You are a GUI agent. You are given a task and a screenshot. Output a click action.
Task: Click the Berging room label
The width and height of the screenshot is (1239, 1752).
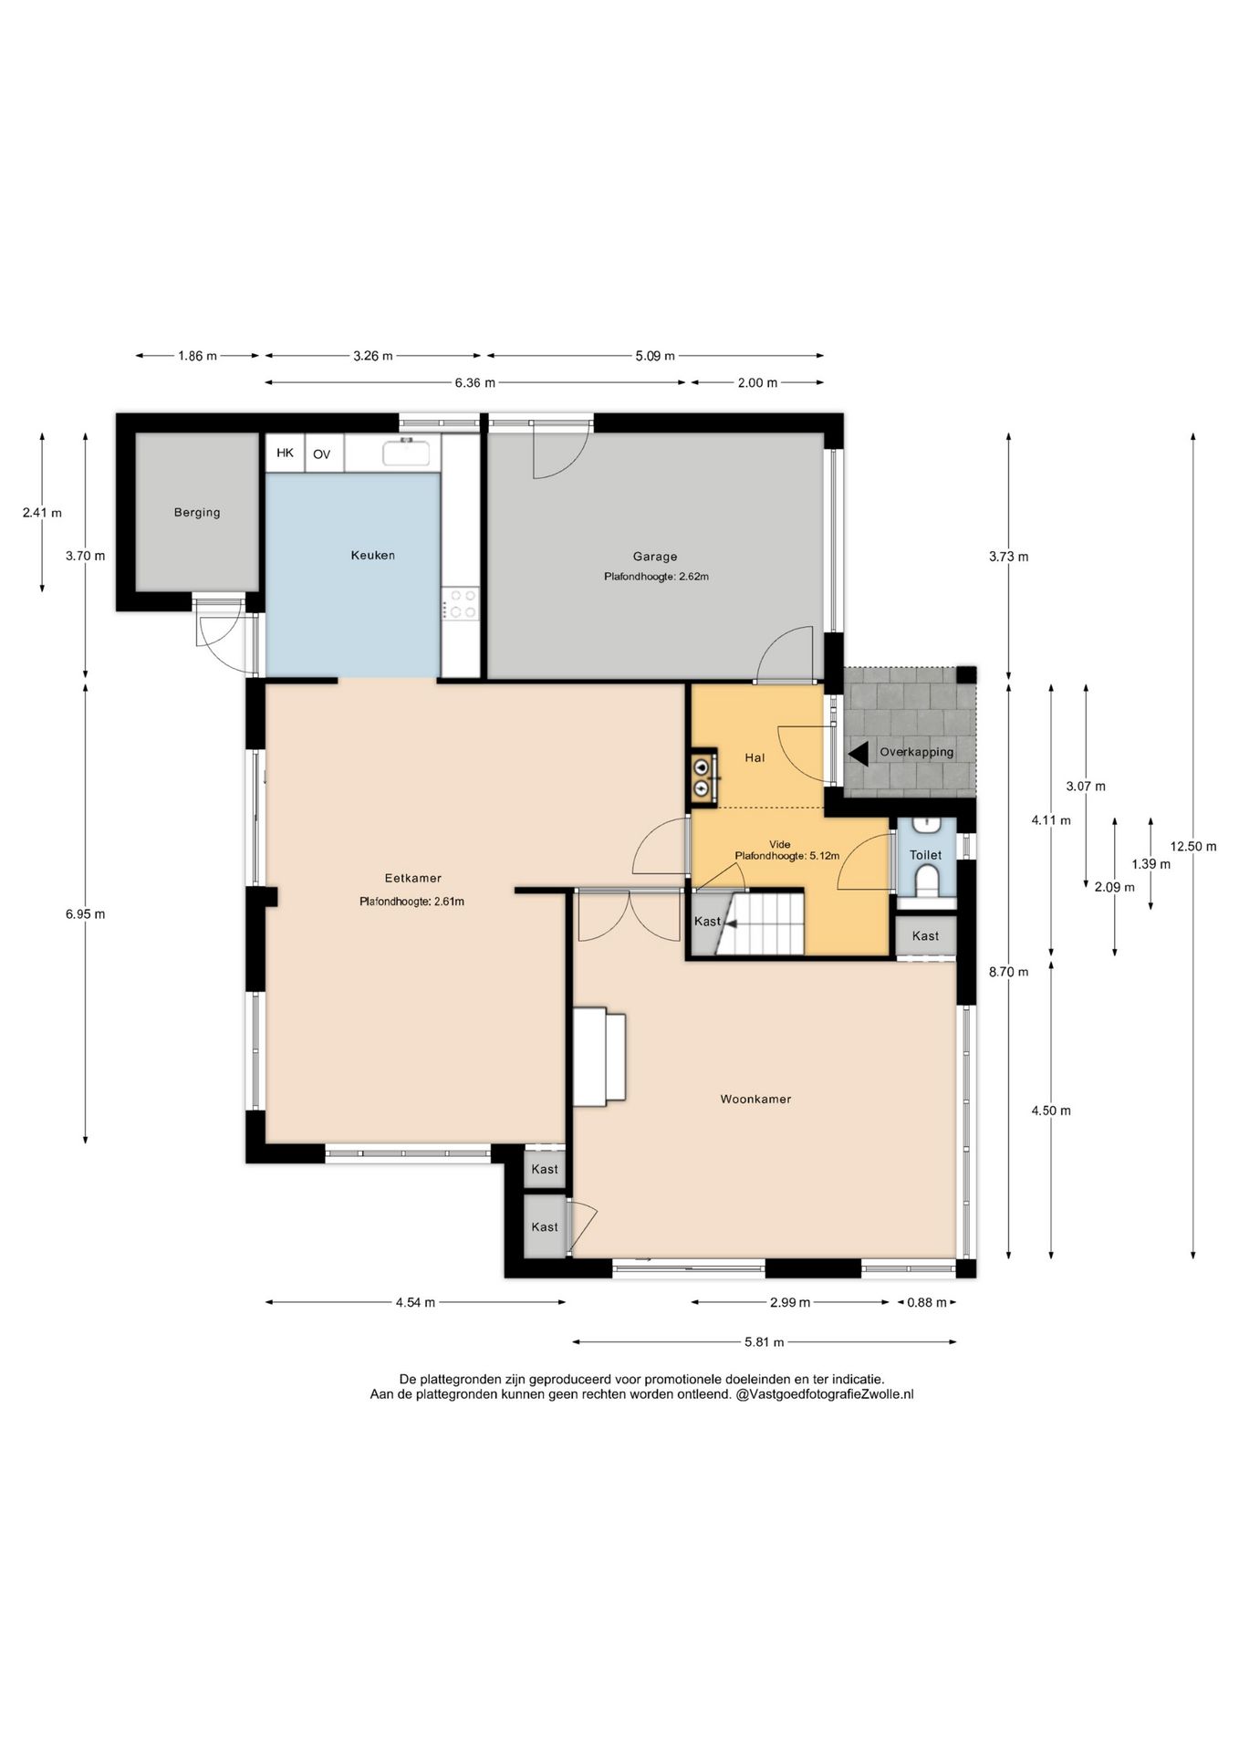click(x=197, y=513)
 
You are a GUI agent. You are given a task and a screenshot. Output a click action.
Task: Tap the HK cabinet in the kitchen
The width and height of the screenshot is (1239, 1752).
click(x=286, y=453)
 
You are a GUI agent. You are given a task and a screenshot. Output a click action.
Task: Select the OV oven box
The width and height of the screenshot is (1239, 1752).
click(x=322, y=454)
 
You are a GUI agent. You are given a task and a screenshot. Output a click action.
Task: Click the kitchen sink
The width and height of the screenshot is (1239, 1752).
click(x=407, y=452)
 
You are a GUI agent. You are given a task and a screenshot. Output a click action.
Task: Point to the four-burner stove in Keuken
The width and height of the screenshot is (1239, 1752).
click(x=460, y=603)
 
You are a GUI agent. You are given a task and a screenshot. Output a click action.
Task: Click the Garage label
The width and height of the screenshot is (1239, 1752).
click(x=655, y=557)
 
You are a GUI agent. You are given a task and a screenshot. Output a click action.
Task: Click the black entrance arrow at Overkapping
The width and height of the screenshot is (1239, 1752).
click(x=859, y=754)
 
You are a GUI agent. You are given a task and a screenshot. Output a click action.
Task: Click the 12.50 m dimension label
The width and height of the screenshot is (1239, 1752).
click(x=1193, y=846)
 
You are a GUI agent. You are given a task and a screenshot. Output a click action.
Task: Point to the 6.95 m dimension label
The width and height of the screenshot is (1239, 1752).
click(x=86, y=913)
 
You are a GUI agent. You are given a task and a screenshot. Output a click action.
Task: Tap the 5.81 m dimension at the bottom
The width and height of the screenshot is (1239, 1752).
click(x=765, y=1341)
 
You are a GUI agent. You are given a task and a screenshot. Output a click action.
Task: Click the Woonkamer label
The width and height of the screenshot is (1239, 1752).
click(x=755, y=1100)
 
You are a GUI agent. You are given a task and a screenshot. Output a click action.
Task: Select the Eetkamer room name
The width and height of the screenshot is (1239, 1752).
click(x=413, y=879)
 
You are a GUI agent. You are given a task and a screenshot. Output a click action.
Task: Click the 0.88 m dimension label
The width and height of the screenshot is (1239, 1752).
click(x=927, y=1302)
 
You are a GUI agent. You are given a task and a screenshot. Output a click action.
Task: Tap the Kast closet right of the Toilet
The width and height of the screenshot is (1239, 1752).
click(x=925, y=936)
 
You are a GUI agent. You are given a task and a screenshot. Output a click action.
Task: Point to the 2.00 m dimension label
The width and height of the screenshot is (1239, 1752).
click(x=757, y=383)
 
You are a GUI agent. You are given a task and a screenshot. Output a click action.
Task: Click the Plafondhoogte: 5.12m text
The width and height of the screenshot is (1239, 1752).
click(x=786, y=856)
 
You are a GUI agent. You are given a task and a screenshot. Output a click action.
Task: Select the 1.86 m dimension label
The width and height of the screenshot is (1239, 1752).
click(x=197, y=356)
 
